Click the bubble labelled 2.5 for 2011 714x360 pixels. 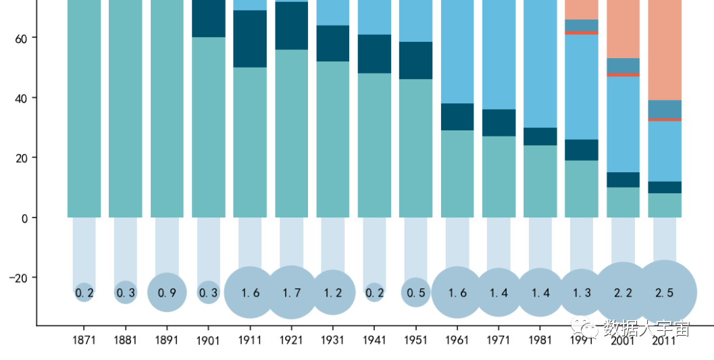point(665,292)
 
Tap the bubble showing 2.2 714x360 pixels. point(623,292)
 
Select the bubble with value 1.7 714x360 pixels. point(291,292)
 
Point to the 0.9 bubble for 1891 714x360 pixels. point(167,292)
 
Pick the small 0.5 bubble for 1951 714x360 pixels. point(415,292)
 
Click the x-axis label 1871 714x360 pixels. point(84,340)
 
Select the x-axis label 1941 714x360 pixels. point(374,340)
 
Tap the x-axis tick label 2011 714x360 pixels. point(665,340)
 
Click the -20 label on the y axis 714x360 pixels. point(19,278)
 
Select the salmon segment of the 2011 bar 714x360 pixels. point(665,47)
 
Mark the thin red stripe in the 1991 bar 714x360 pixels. point(582,32)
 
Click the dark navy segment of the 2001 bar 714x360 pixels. point(623,180)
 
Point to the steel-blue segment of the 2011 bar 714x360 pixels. point(665,109)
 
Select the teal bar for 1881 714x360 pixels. point(126,108)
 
